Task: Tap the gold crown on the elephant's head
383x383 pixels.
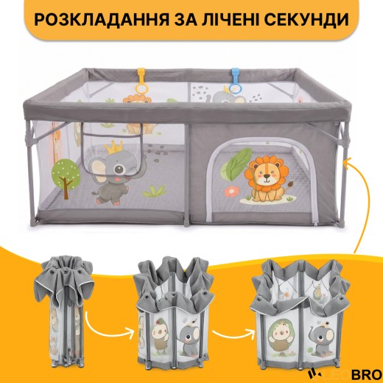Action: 113,147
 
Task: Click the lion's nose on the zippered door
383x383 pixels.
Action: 266,176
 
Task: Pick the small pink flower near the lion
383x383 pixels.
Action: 231,191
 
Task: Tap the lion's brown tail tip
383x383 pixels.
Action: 291,183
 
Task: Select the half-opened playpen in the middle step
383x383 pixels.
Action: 174,312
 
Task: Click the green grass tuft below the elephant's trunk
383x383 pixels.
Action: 154,191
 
